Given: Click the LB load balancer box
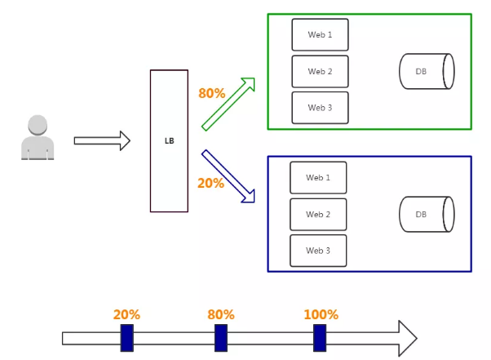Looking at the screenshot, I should (169, 140).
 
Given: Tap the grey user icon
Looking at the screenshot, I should (38, 137).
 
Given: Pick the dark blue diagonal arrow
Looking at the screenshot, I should (229, 176).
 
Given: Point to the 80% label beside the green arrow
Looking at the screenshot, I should (211, 93).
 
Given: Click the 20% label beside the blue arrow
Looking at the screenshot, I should (210, 183).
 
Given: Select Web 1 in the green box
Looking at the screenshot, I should (320, 35).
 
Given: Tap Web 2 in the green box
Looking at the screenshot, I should (320, 72).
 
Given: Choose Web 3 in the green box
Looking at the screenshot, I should (320, 108).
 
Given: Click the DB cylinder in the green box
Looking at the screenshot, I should (426, 72).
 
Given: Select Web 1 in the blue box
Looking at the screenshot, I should (318, 178).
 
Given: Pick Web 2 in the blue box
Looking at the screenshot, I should (318, 215).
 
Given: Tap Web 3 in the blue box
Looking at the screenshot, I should (318, 251).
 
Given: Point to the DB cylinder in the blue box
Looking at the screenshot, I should (426, 214).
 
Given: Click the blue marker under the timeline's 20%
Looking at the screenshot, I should (126, 338).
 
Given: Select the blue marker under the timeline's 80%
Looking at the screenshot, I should (221, 338).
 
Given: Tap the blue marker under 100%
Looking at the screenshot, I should (320, 338).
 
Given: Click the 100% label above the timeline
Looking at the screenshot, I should (321, 314).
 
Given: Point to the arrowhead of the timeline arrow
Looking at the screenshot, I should (407, 338).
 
